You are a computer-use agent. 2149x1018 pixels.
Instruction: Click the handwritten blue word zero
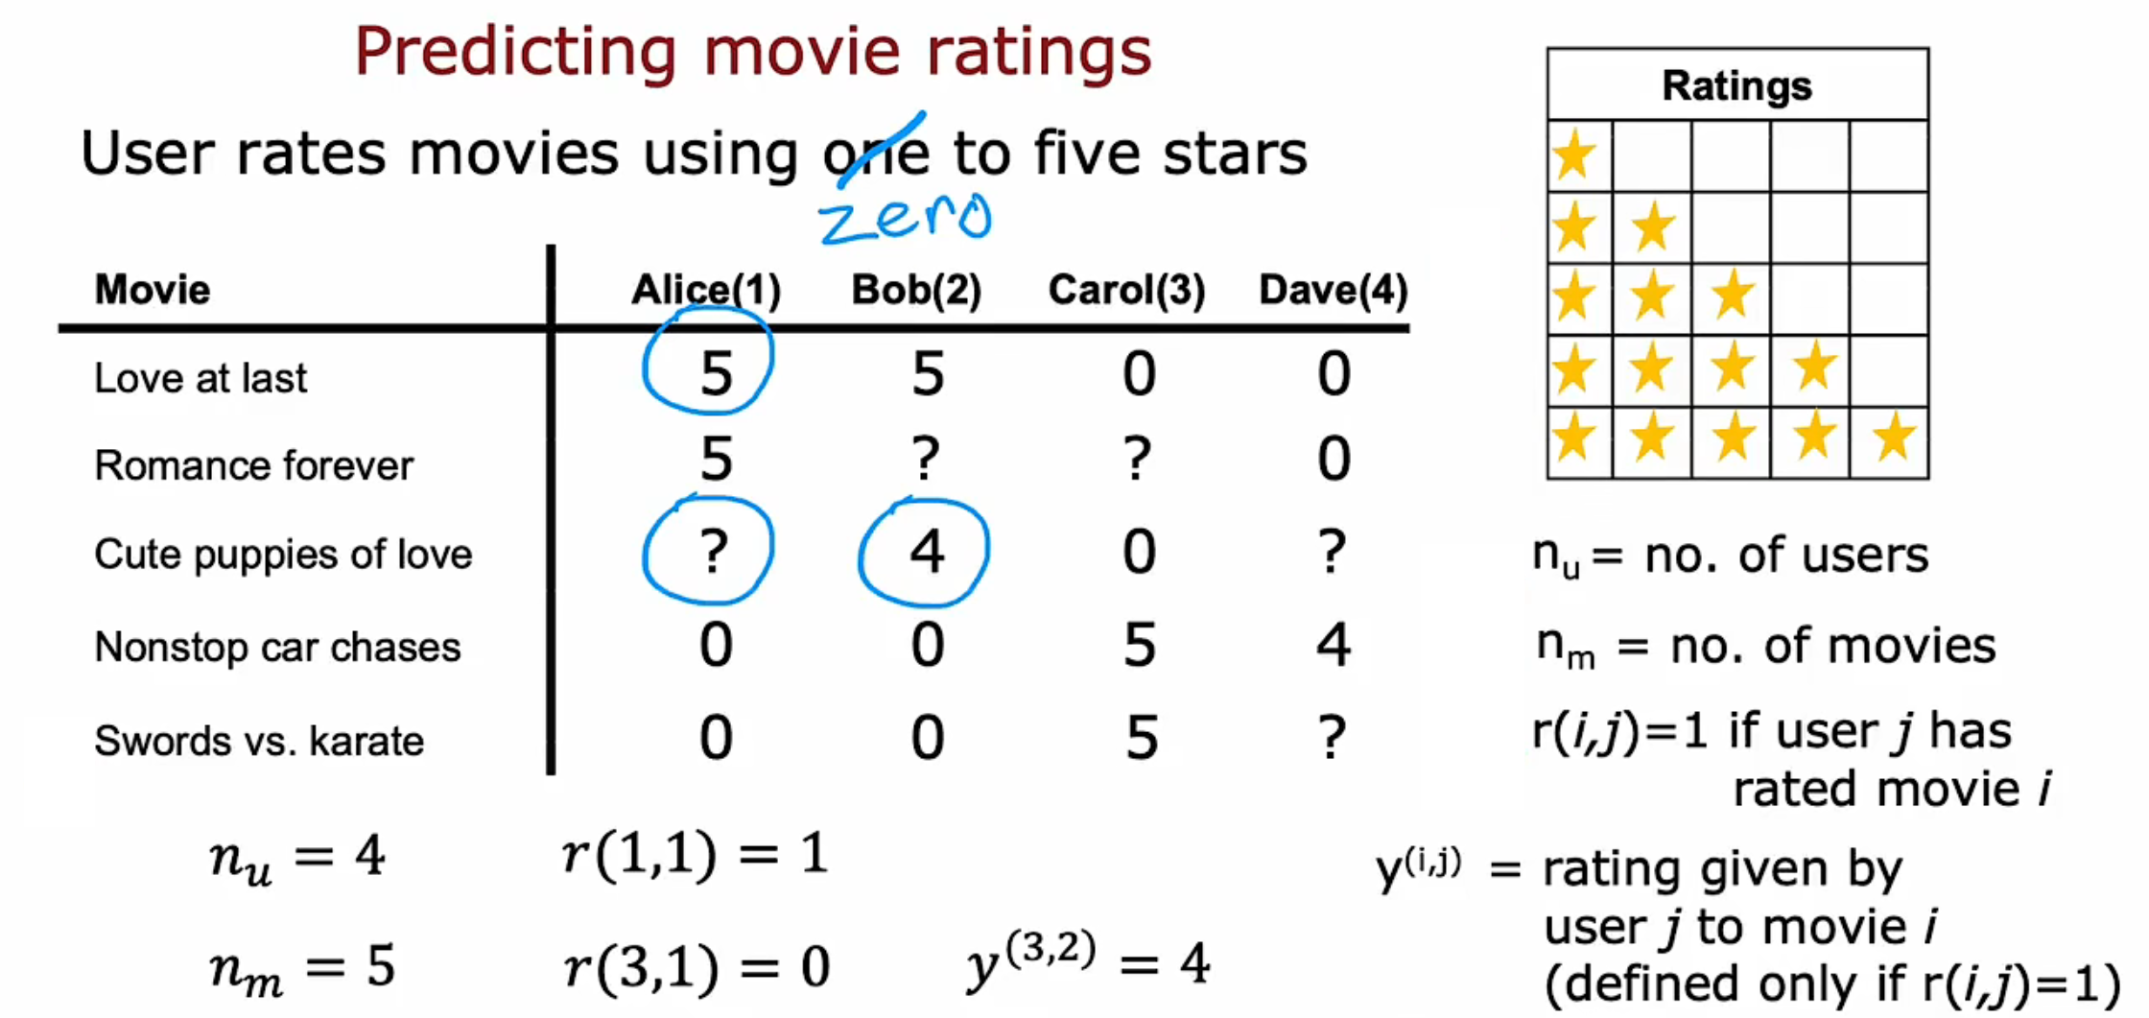(905, 217)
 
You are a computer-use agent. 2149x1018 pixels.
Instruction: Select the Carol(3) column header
(1126, 290)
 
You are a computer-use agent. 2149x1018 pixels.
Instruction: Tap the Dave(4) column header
(1334, 290)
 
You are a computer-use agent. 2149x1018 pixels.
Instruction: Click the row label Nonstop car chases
(277, 648)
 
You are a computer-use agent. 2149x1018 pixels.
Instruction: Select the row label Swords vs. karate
(259, 741)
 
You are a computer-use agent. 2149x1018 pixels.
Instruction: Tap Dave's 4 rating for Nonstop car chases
(1334, 645)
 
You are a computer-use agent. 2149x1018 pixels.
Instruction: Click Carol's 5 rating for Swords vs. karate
(1141, 738)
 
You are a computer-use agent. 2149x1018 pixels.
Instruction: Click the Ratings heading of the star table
(1736, 85)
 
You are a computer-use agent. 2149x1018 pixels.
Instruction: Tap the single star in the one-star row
(1574, 155)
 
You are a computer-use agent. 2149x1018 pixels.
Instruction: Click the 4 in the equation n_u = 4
(369, 855)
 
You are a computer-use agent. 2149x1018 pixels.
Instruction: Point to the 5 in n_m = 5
(381, 965)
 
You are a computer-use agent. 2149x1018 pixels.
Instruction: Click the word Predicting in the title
(516, 52)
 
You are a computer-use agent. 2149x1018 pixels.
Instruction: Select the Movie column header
(153, 290)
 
